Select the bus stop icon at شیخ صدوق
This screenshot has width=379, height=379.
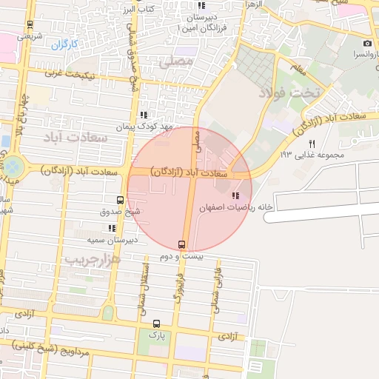point(121,200)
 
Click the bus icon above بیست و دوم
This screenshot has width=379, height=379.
point(182,244)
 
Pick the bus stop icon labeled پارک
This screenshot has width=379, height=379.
point(156,323)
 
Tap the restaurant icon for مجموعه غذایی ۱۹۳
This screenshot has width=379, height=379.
point(312,144)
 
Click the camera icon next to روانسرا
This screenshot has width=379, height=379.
point(368,44)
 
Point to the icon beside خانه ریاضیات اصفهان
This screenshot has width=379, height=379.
point(235,196)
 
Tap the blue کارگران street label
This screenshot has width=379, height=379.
point(64,44)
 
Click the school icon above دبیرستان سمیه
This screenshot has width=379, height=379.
point(112,228)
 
